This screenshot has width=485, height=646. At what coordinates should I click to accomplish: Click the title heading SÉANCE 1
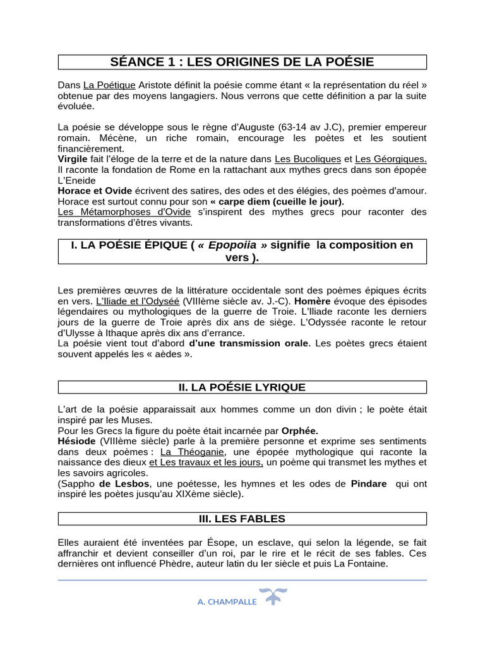point(242,62)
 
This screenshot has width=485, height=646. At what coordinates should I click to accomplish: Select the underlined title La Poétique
point(109,85)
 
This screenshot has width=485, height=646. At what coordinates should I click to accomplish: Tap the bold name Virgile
point(73,159)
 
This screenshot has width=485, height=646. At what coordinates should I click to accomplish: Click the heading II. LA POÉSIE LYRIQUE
point(242,387)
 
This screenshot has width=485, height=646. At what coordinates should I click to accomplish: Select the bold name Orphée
point(299,431)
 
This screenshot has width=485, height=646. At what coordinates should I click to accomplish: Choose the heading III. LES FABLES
point(242,519)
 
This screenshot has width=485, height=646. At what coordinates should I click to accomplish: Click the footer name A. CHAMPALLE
point(227,602)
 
